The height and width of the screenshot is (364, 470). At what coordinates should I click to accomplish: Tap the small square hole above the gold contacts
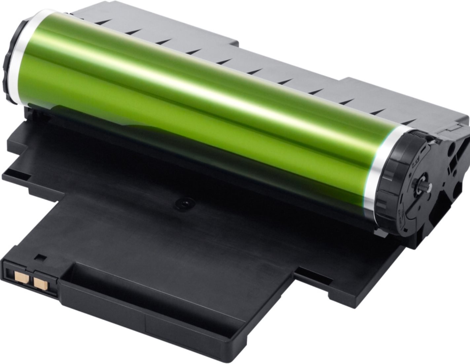[x=41, y=258]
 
